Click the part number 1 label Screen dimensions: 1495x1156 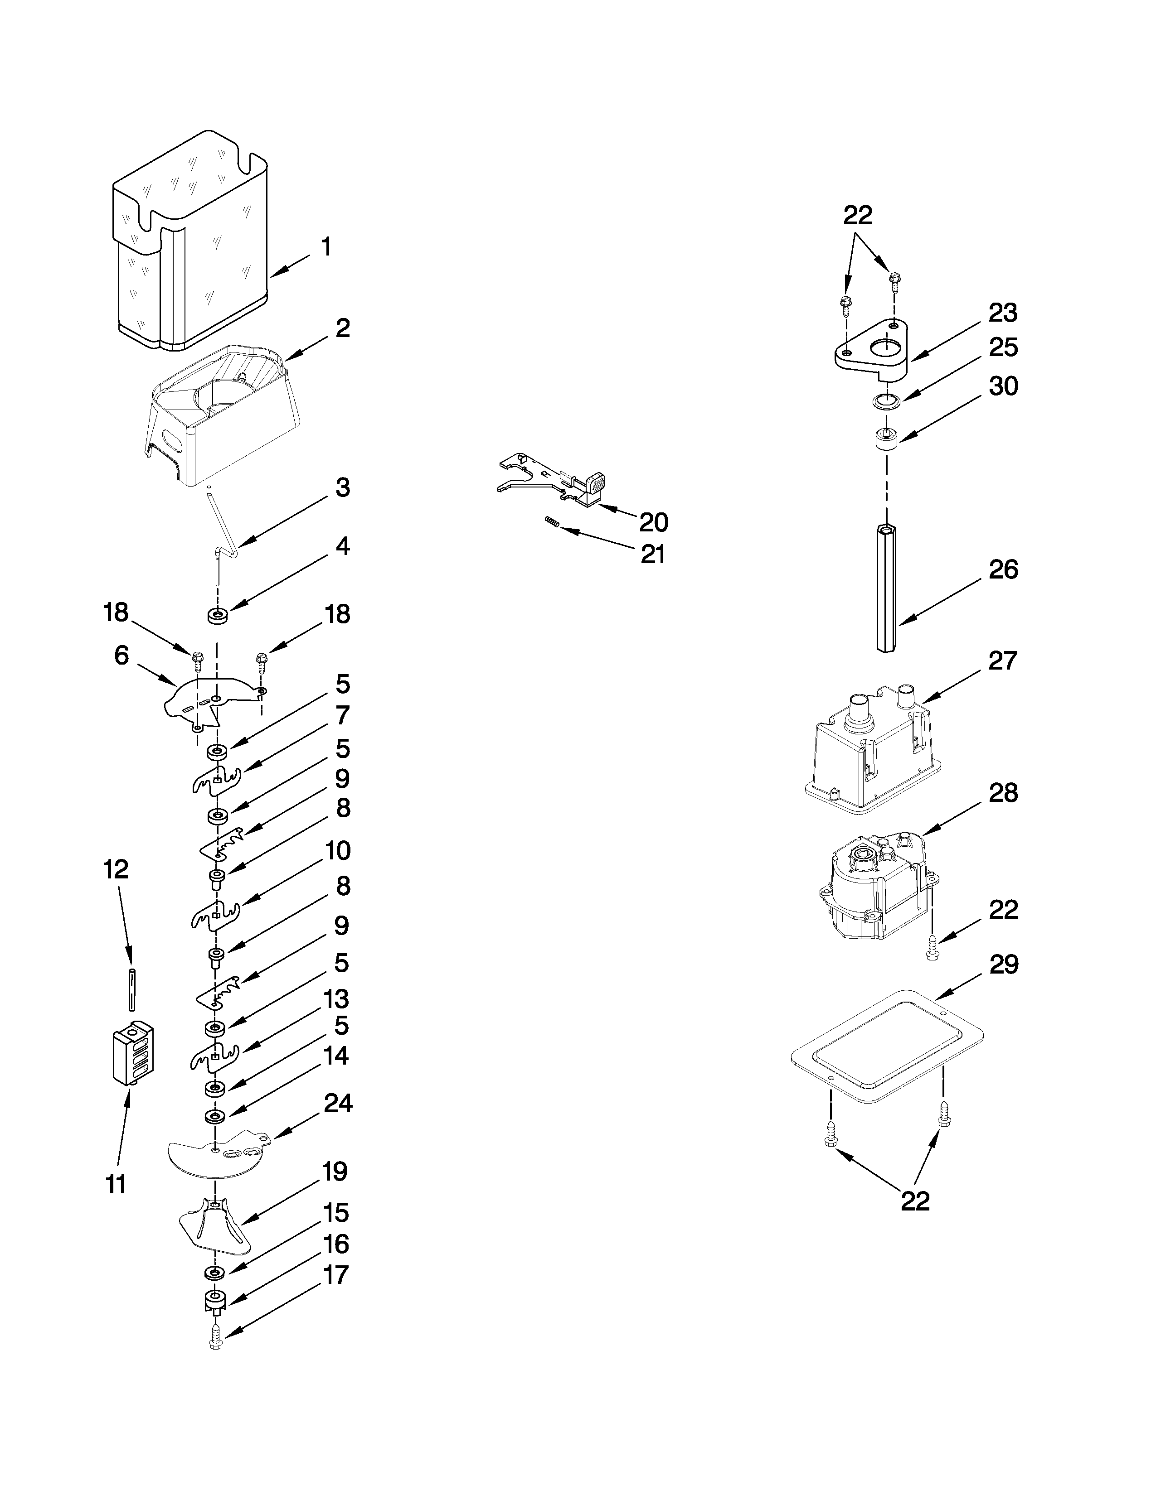pos(327,247)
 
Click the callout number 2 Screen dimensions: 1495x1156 pos(342,328)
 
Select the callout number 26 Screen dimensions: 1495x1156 pos(1003,569)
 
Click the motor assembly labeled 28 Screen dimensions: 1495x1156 pos(877,887)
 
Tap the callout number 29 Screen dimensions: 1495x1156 pos(1003,965)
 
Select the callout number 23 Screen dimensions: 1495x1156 pos(1003,313)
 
